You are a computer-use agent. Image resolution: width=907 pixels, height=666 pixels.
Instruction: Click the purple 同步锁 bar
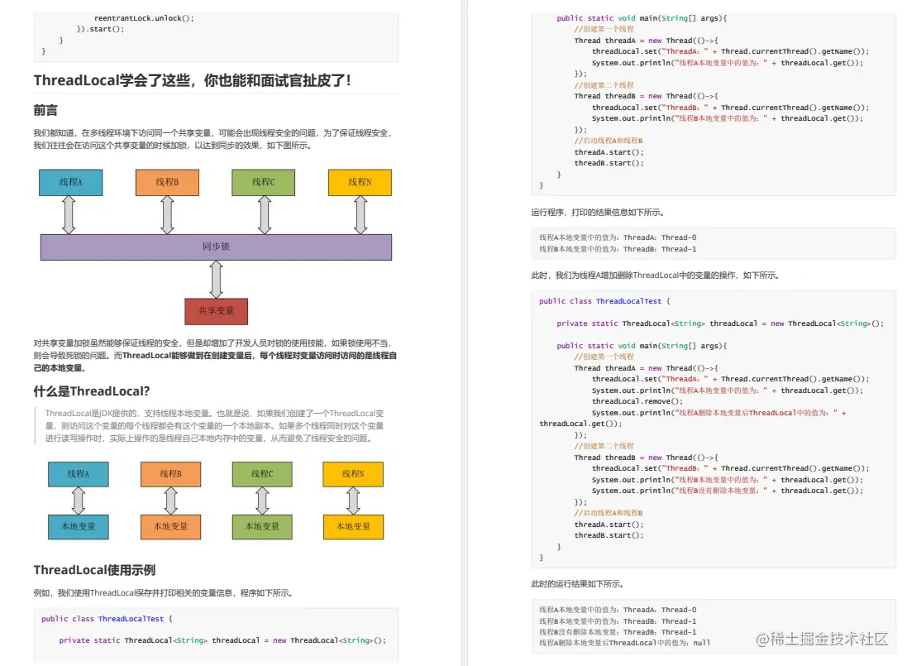[216, 247]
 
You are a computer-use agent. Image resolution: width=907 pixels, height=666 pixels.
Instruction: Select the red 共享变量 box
[216, 311]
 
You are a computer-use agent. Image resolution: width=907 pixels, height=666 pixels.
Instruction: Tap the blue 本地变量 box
[78, 525]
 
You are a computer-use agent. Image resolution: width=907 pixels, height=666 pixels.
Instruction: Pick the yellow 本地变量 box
[353, 525]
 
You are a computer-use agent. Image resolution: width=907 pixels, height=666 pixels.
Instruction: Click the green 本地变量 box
[262, 525]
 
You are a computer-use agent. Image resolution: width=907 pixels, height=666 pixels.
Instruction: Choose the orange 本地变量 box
[170, 525]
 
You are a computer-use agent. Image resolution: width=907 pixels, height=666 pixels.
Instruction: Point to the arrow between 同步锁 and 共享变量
[217, 279]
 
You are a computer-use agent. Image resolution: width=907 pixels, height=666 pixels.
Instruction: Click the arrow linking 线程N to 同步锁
[360, 214]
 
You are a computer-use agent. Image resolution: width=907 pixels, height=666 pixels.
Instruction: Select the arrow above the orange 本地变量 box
[171, 500]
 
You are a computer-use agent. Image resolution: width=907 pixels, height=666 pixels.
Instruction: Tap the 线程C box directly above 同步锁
[264, 182]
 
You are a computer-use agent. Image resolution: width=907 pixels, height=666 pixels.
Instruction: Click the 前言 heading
[45, 110]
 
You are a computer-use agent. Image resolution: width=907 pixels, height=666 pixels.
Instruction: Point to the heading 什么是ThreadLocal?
[92, 390]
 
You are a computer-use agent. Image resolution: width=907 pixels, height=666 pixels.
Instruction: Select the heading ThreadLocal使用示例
[94, 570]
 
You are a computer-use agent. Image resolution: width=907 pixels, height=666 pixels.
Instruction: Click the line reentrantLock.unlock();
[144, 17]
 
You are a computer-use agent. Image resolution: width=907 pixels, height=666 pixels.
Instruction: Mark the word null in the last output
[701, 643]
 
